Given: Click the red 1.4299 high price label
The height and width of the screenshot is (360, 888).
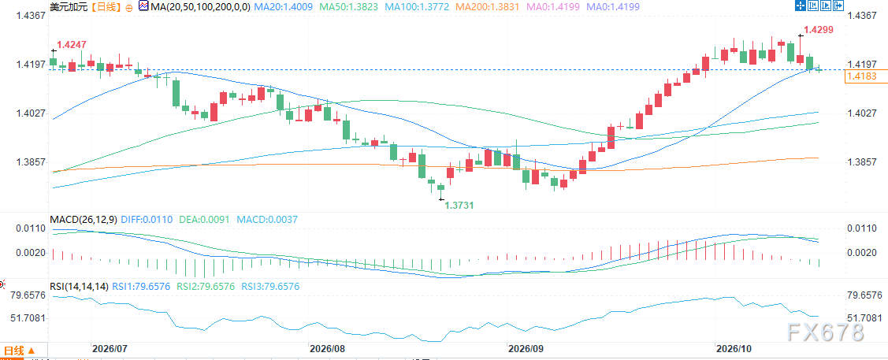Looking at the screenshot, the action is point(818,30).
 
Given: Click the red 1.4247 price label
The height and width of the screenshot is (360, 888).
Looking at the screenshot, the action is point(72,45).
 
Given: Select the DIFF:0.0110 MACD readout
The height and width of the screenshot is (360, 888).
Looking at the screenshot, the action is point(148,219).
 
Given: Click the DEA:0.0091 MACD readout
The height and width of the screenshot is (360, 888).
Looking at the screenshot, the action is point(204,219).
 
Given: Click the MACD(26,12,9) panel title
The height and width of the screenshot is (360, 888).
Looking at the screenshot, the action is point(84,219).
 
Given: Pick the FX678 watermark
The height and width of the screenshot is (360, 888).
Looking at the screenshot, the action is point(825,332).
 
